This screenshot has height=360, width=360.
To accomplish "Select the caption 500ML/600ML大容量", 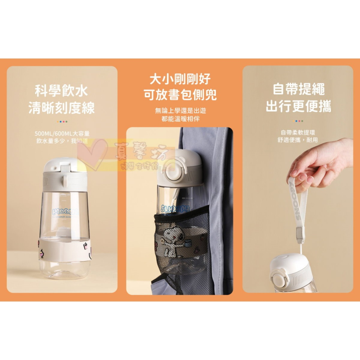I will click(x=62, y=133).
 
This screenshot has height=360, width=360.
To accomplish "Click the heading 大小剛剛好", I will click(x=180, y=79).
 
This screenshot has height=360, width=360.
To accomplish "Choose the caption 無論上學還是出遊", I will click(x=180, y=111).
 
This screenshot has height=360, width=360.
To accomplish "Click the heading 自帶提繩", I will click(x=298, y=89).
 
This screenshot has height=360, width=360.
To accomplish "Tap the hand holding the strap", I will click(x=317, y=162).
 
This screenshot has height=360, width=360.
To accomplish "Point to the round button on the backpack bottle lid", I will click(x=171, y=169).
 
